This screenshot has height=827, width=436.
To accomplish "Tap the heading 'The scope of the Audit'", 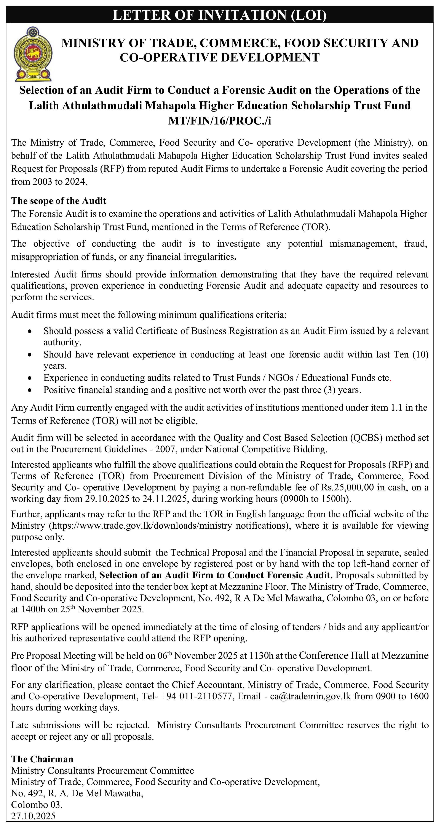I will (x=59, y=201).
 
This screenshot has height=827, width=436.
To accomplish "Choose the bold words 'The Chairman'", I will (x=42, y=759).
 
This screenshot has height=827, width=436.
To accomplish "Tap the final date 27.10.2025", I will (x=33, y=816).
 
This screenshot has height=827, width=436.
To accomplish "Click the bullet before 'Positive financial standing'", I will (x=30, y=390).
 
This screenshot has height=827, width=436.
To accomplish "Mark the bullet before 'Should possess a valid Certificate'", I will (x=30, y=331).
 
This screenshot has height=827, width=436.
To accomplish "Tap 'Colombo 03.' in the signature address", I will (x=37, y=805).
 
